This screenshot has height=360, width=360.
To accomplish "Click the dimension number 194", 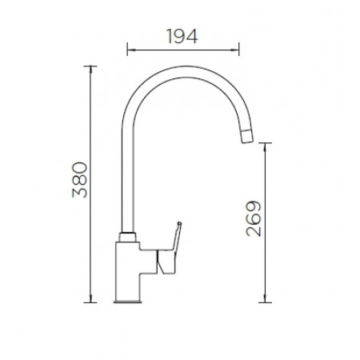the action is (182, 36).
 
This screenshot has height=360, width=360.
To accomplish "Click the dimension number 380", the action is (80, 180).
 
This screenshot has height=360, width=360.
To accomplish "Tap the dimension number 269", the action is (254, 218).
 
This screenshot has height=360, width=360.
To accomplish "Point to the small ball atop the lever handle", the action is (179, 223).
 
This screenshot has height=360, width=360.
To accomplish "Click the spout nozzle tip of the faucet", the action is (247, 136).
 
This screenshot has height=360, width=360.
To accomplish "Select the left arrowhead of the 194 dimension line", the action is (130, 50).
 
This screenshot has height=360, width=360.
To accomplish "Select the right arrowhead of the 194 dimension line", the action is (236, 50).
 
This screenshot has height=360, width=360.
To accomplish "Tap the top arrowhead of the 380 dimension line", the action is (90, 69).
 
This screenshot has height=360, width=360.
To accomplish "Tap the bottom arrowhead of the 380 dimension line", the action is (90, 299).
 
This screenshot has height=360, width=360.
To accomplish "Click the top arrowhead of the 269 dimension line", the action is (265, 146).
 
